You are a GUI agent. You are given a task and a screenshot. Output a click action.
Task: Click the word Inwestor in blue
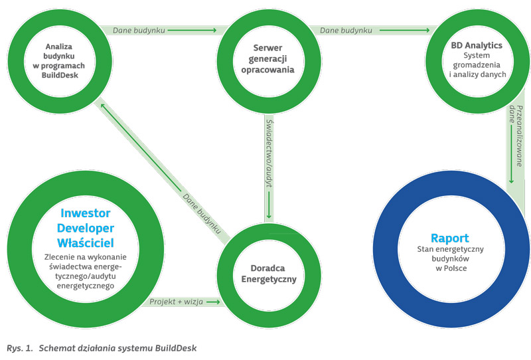click(x=86, y=213)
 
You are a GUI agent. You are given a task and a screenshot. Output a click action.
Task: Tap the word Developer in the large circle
click(x=86, y=228)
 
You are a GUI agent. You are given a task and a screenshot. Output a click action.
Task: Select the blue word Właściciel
click(x=86, y=243)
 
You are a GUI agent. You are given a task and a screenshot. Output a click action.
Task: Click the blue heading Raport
click(x=450, y=238)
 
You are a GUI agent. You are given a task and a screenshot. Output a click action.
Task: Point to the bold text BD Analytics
click(x=477, y=45)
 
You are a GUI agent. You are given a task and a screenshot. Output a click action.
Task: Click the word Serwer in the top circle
click(x=267, y=48)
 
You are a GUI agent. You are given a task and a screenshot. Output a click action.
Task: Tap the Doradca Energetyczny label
click(x=269, y=274)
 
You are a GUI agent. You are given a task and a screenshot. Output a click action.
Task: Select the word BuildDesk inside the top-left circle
click(x=60, y=75)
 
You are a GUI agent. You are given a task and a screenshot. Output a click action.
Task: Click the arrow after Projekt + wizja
click(x=213, y=302)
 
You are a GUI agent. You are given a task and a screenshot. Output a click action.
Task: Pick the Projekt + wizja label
click(x=176, y=302)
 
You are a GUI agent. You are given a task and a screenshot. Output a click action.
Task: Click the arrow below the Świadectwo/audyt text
click(x=269, y=205)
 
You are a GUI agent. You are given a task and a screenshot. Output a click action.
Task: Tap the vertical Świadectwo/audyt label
click(x=269, y=153)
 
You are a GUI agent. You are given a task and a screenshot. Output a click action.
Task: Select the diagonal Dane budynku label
click(x=202, y=214)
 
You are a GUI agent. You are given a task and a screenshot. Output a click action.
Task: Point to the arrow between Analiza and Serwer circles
click(x=192, y=30)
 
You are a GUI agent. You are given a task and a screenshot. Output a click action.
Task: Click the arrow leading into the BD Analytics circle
click(x=404, y=30)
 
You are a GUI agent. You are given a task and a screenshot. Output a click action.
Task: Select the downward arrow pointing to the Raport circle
click(x=511, y=154)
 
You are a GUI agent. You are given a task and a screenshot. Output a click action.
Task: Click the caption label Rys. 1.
click(x=20, y=348)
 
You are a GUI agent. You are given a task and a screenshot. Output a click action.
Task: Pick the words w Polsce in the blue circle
click(x=451, y=268)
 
